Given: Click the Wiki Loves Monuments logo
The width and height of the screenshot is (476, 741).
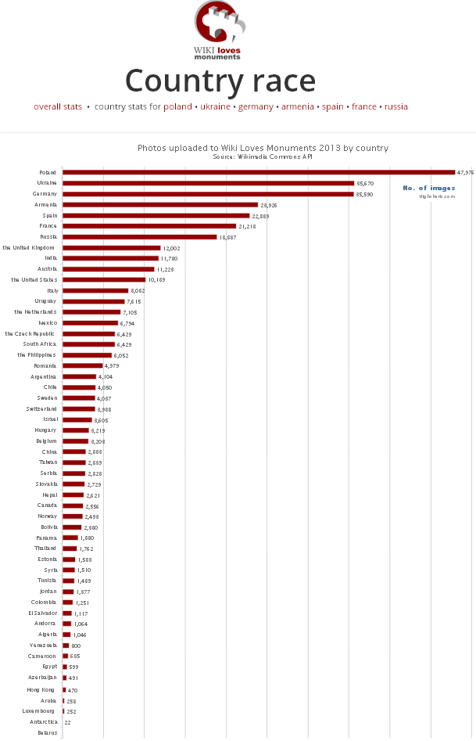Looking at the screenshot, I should coord(220,30).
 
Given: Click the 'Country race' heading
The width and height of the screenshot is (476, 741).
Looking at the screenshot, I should coord(220,81).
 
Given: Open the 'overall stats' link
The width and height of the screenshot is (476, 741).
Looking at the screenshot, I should coord(58,106).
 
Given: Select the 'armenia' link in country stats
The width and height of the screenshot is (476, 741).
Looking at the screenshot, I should coord(298,106).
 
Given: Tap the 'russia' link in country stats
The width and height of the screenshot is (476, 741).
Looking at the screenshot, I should coord(396,106).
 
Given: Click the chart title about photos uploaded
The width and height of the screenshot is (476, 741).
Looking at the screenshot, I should coord(263,147).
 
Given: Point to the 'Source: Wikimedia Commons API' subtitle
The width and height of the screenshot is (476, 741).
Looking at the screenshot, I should coord(263,156).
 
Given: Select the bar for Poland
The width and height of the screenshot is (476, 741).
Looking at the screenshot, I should coord(258,172).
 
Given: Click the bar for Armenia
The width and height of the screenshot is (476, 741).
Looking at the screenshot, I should coord(160,204).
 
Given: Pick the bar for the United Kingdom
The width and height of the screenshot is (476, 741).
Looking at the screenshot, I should coord(112,248).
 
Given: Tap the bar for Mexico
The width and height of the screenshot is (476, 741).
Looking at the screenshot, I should coord(90,322).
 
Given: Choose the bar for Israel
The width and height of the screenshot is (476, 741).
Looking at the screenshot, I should coord(77,419).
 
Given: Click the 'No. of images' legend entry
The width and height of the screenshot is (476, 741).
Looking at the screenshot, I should coord(428,188).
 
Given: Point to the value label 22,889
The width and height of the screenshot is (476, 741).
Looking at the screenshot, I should coord(261,215).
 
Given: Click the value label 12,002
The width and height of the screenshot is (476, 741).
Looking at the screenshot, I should coord(172,248).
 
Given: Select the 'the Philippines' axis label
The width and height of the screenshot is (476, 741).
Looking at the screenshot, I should coord(37,354).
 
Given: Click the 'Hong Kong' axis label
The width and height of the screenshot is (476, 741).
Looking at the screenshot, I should coord(41,689).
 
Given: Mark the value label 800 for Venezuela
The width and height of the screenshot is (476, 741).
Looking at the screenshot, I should coord(76,646).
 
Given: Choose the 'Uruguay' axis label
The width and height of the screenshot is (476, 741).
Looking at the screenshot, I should coord(45,300).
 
